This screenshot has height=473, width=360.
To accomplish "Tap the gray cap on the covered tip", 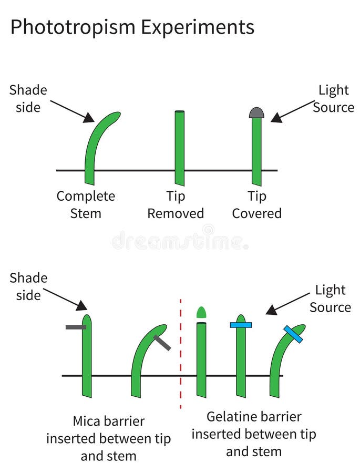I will point(256,112).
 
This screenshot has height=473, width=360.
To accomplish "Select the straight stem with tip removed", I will point(180,147).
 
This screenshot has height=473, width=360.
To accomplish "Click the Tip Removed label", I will point(176,204).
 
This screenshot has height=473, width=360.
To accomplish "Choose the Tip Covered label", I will point(257,204).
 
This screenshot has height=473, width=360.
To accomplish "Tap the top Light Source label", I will point(333,98).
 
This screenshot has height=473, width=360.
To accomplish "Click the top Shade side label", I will point(28,98).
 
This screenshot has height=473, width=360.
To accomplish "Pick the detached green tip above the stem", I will point(201,312).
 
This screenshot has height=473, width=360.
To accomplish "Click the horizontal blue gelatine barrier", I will point(241,325).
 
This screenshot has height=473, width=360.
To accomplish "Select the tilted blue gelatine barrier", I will point(293,334).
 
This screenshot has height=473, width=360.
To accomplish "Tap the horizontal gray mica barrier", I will point(76,327).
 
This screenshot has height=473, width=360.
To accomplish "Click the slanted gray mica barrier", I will point(162,343).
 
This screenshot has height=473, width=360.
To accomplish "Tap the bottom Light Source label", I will point(330,298).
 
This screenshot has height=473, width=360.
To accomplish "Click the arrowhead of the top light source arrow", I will point(275,119).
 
